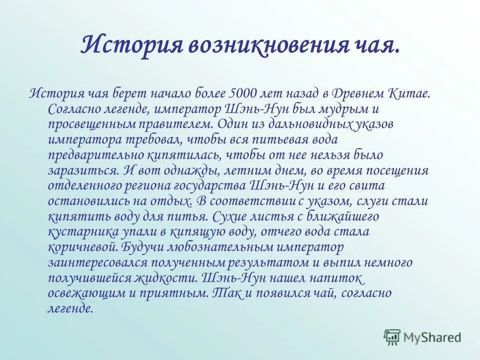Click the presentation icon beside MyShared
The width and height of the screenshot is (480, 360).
392,337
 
